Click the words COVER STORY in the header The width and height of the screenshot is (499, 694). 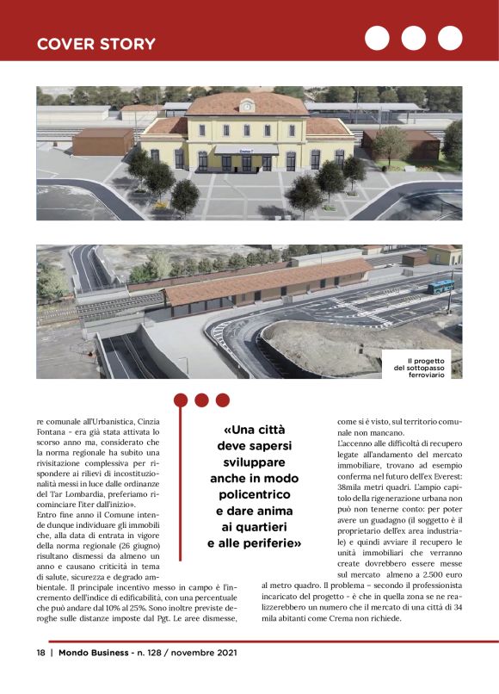click(95, 43)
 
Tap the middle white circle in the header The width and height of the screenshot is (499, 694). click(413, 38)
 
